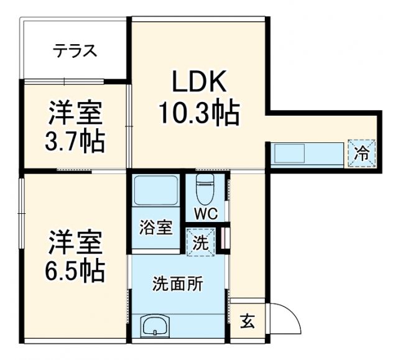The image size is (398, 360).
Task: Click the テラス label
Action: (75, 50)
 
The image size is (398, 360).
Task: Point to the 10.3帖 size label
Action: (198, 114)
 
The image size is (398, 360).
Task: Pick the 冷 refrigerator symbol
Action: (361, 153)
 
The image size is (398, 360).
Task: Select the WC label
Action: (205, 215)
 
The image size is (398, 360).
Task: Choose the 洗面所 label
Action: (178, 285)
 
